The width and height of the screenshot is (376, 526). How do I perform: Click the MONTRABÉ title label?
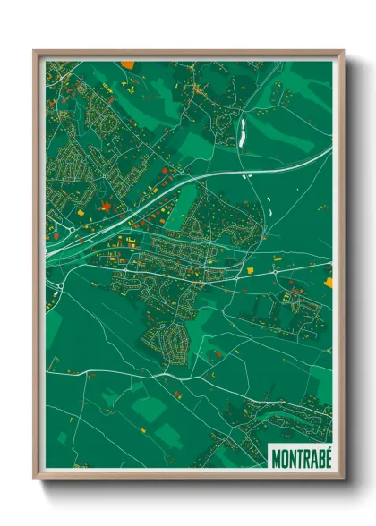click(300, 457)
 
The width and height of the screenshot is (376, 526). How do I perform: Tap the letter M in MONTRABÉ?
click(276, 457)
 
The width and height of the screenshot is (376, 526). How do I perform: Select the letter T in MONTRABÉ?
click(297, 457)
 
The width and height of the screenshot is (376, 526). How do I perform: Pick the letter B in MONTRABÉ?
click(319, 457)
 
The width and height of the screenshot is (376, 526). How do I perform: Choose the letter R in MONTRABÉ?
click(304, 457)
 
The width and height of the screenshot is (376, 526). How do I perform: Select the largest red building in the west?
click(107, 208)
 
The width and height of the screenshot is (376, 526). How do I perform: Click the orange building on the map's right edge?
click(329, 282)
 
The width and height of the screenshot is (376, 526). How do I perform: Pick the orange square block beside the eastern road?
click(251, 268)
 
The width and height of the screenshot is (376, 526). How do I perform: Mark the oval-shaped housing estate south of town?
click(167, 338)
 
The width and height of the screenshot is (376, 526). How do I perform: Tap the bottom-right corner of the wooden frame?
click(343, 479)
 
